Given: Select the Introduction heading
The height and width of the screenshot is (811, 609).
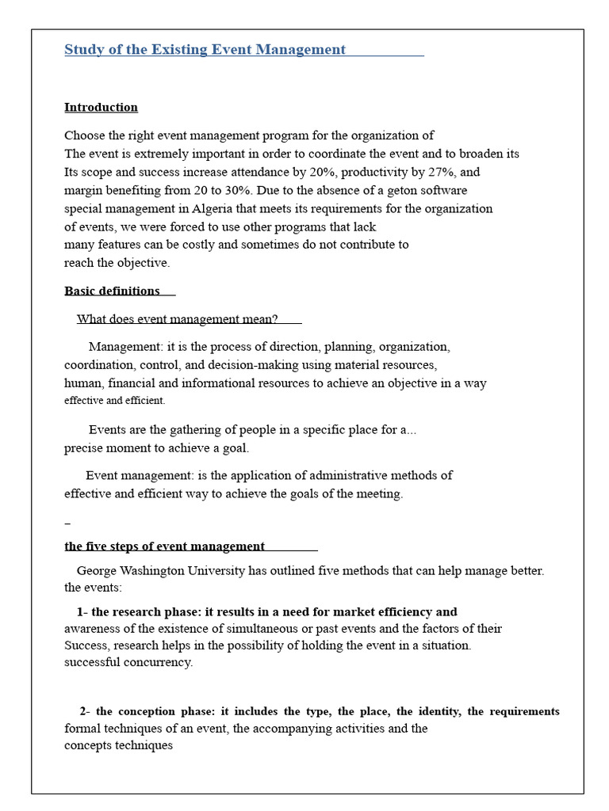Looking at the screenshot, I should pos(101,107).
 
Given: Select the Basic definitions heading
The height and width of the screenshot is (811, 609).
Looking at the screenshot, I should pos(112,291).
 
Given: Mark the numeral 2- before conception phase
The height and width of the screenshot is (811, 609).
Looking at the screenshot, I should pos(86,711).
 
